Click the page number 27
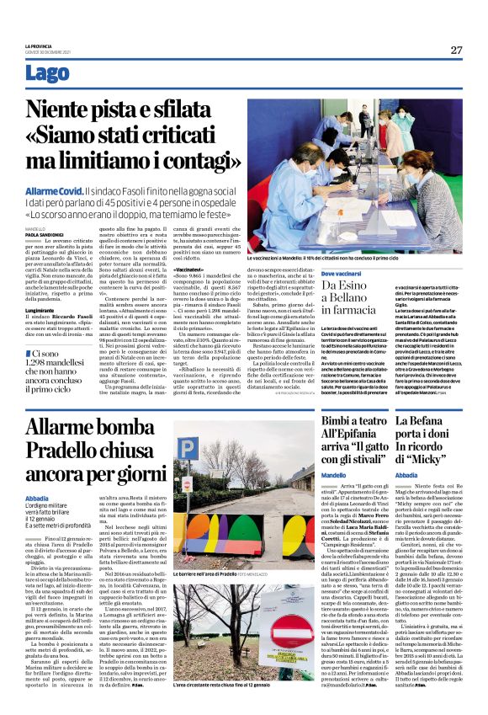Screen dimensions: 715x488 coord(455,50)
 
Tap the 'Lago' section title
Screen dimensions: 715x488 coord(48,74)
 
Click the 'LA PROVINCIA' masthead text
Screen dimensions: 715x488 coord(40,45)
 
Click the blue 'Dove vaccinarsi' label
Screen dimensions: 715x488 coord(343,275)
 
